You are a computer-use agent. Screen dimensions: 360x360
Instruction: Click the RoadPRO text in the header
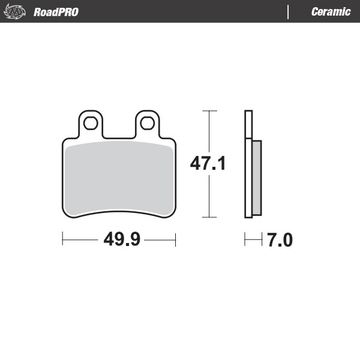[56, 12]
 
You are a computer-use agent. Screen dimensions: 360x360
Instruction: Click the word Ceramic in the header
[331, 12]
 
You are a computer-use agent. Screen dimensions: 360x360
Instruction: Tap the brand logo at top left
[15, 12]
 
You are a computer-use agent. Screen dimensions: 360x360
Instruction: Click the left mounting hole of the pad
[91, 124]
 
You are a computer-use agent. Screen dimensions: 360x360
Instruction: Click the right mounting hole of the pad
[146, 124]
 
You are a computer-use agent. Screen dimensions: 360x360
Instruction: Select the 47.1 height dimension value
[208, 163]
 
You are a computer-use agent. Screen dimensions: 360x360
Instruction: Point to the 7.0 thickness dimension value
[280, 241]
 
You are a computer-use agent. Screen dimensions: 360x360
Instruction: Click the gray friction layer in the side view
[257, 179]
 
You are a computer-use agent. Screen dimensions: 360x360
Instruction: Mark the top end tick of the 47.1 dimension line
[208, 111]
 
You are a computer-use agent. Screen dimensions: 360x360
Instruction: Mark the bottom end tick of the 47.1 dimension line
[208, 217]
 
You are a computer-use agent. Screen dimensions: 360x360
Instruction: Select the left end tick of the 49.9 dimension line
[63, 241]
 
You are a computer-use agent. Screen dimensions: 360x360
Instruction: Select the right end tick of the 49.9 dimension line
[175, 241]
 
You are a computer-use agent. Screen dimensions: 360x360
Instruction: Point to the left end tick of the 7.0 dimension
[245, 241]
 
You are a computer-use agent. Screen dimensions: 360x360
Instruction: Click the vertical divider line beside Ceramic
[289, 12]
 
